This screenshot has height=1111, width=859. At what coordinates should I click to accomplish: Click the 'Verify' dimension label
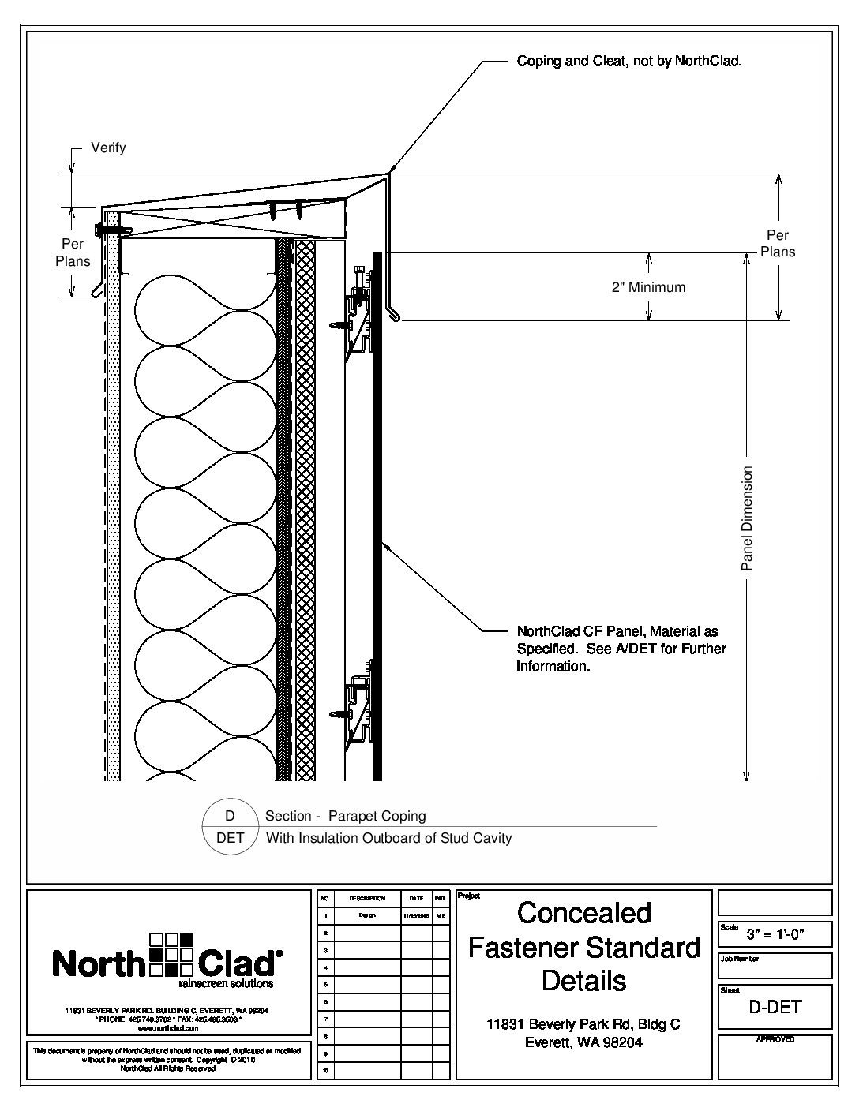click(108, 148)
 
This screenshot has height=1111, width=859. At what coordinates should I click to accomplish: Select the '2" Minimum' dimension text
click(648, 287)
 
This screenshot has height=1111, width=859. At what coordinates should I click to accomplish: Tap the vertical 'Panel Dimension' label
click(747, 518)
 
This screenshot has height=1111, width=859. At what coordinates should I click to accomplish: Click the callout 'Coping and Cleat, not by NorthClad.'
click(628, 61)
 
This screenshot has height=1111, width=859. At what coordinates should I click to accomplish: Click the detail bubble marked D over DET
click(231, 826)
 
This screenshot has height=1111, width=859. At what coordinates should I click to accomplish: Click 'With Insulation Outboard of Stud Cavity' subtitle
click(388, 838)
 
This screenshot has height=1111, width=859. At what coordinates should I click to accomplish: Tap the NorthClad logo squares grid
click(171, 955)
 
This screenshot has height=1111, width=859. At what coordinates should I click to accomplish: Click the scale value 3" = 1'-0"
click(775, 936)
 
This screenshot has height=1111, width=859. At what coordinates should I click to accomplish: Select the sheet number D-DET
click(775, 1007)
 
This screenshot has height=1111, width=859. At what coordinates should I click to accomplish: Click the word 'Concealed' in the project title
click(584, 913)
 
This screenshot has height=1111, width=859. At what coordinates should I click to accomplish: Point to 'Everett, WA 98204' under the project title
click(584, 1042)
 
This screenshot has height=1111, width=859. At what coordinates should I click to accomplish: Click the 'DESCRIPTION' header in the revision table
click(366, 898)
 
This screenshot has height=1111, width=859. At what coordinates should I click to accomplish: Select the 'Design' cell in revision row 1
click(366, 916)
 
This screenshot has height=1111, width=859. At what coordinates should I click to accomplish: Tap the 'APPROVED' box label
click(775, 1039)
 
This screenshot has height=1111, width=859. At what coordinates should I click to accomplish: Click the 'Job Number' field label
click(740, 959)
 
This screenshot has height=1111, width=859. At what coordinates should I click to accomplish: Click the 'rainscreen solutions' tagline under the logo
click(226, 984)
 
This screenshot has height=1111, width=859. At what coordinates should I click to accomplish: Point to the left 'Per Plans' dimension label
click(73, 252)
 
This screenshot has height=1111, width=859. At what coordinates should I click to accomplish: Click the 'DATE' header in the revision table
click(416, 898)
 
